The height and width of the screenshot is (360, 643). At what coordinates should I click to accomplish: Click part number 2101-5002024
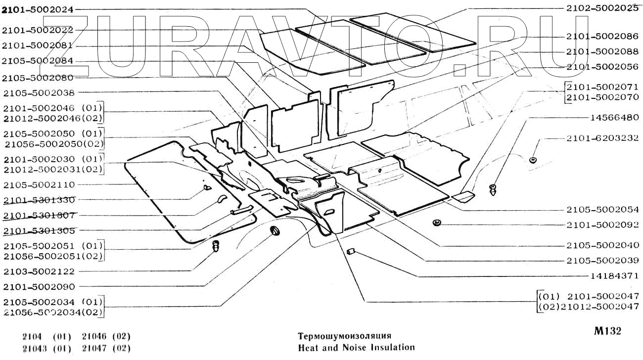click(37, 9)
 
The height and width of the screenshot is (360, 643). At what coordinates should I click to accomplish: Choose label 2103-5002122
click(38, 271)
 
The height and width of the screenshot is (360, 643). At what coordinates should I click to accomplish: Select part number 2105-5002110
click(38, 184)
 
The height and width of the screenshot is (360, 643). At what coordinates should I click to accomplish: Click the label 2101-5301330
click(38, 200)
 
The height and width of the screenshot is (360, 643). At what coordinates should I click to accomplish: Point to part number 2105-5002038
click(38, 92)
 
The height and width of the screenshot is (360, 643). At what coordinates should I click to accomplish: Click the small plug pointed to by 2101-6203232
click(533, 160)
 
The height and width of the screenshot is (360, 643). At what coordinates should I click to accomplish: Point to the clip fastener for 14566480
click(493, 189)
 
